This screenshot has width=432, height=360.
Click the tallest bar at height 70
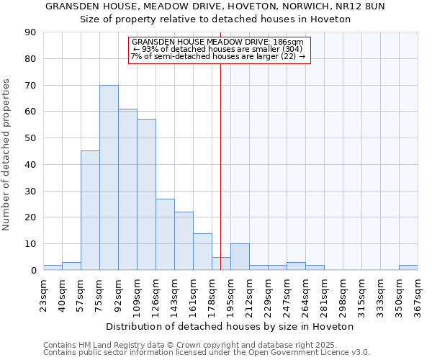pyautogui.click(x=109, y=178)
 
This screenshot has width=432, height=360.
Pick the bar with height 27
pyautogui.click(x=165, y=234)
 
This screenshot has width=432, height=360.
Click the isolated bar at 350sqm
pyautogui.click(x=408, y=267)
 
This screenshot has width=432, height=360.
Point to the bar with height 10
pyautogui.click(x=240, y=257)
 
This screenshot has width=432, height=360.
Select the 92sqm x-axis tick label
pyautogui.click(x=118, y=293)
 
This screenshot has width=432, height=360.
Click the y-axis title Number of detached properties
pyautogui.click(x=6, y=155)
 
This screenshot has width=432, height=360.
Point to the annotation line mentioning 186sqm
pyautogui.click(x=218, y=42)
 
